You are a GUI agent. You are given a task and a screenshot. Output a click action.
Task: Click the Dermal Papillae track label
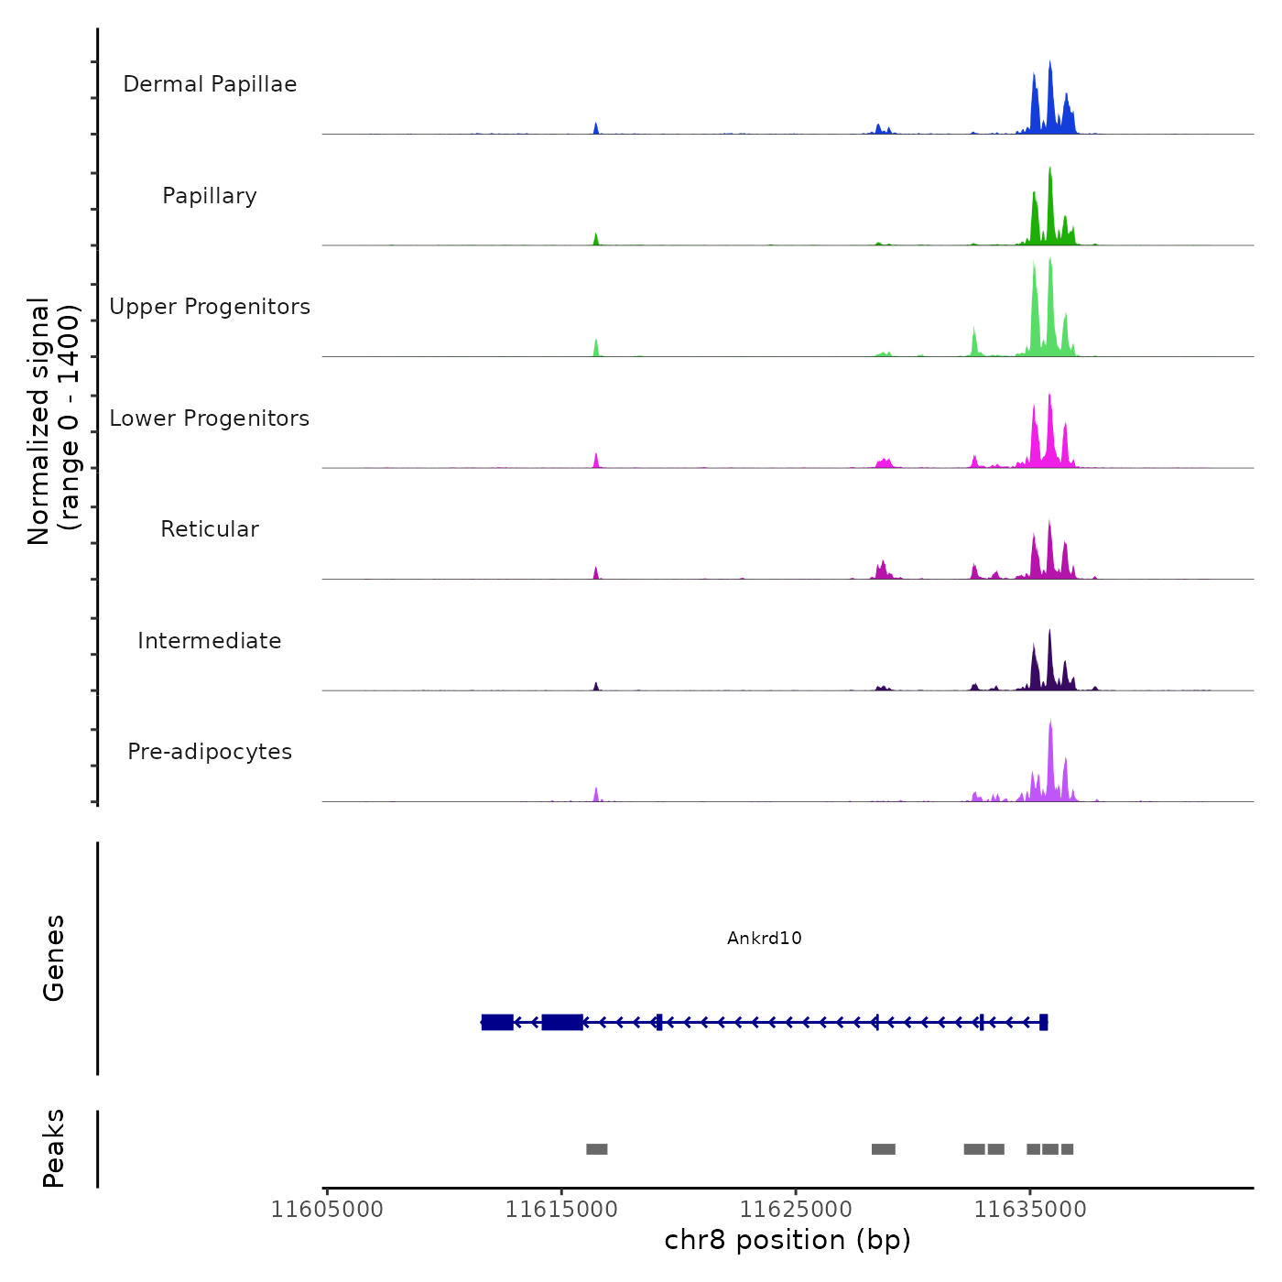[210, 84]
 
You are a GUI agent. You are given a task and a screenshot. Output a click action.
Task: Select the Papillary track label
[210, 196]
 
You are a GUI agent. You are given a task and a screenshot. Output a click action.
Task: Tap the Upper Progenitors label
[210, 307]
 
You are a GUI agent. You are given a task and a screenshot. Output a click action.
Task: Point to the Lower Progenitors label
[210, 418]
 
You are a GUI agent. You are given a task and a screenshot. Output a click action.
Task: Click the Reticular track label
[210, 529]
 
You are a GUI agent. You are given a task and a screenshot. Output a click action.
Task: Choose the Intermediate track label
[210, 641]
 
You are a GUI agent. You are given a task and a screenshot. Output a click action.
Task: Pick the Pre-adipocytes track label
[210, 752]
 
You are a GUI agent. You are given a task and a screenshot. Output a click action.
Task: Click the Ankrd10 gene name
[765, 938]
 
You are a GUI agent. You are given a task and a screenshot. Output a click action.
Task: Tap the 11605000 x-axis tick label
[327, 1210]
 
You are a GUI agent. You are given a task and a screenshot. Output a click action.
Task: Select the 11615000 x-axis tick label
[561, 1210]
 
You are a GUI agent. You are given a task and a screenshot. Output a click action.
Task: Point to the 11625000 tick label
[796, 1210]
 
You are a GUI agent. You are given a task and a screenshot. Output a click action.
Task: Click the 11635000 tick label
[1030, 1210]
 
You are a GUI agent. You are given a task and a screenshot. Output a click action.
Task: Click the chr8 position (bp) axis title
[788, 1240]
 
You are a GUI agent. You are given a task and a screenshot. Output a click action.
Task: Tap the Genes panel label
[54, 958]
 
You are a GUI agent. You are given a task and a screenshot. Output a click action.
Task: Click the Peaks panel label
[54, 1148]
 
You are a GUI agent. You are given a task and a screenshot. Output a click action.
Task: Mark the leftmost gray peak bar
[597, 1149]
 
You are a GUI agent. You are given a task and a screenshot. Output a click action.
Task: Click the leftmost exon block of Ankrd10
[497, 1022]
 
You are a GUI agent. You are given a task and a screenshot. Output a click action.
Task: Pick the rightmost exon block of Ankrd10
[1044, 1022]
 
